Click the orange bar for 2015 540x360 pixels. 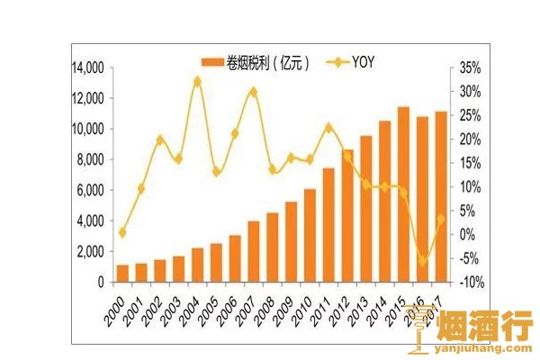click(403, 194)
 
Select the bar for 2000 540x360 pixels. click(122, 273)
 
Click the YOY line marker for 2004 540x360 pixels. click(197, 81)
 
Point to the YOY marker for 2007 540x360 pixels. click(253, 91)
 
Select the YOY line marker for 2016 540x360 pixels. click(421, 261)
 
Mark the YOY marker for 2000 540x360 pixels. click(122, 232)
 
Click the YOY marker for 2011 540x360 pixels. click(328, 127)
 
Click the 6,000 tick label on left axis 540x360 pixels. click(87, 190)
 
